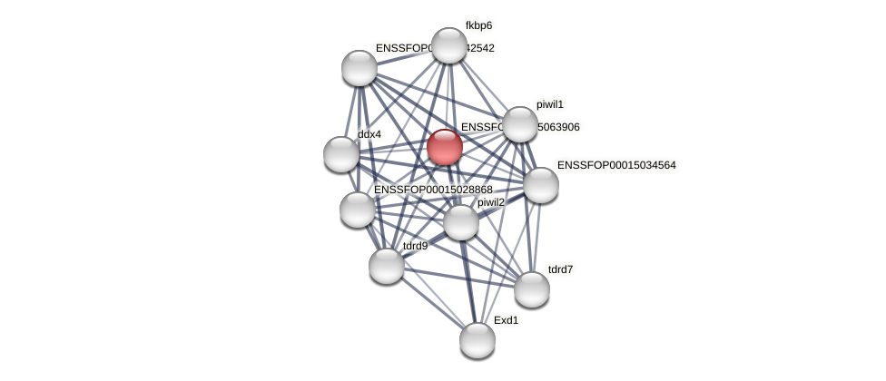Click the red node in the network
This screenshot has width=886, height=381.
tap(445, 147)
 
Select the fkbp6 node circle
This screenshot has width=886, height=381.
tap(449, 45)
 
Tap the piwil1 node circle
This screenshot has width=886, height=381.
tap(520, 124)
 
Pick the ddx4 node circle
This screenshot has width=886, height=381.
tap(341, 154)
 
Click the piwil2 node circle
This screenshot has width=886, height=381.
tap(461, 222)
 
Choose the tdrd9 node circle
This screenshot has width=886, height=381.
tap(387, 266)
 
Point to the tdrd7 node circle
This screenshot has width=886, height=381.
tap(532, 289)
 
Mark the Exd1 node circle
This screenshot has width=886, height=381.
tap(477, 340)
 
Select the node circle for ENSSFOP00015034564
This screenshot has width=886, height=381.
tap(541, 185)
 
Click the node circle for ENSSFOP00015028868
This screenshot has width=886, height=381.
tap(358, 210)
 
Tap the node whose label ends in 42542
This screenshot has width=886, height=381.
tap(359, 68)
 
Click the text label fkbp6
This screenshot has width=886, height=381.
tap(478, 25)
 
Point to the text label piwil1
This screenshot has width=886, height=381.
tap(550, 104)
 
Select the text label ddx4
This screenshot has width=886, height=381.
tap(369, 134)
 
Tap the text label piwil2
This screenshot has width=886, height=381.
tap(491, 202)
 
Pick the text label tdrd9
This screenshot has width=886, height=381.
tap(415, 246)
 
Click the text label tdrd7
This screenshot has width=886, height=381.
tap(560, 269)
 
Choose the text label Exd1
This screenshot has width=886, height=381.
tap(507, 320)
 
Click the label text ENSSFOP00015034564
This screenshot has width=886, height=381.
tap(616, 165)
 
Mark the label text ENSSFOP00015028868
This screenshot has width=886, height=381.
tap(433, 190)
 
